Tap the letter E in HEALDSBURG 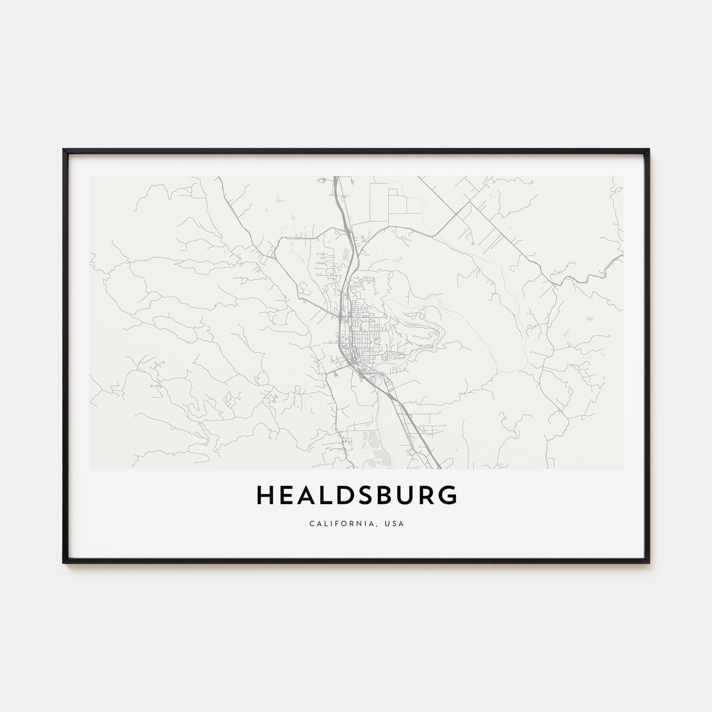tap(288, 495)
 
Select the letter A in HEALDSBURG tap(309, 495)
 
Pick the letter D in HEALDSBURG tap(349, 495)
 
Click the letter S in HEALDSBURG tap(370, 495)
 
